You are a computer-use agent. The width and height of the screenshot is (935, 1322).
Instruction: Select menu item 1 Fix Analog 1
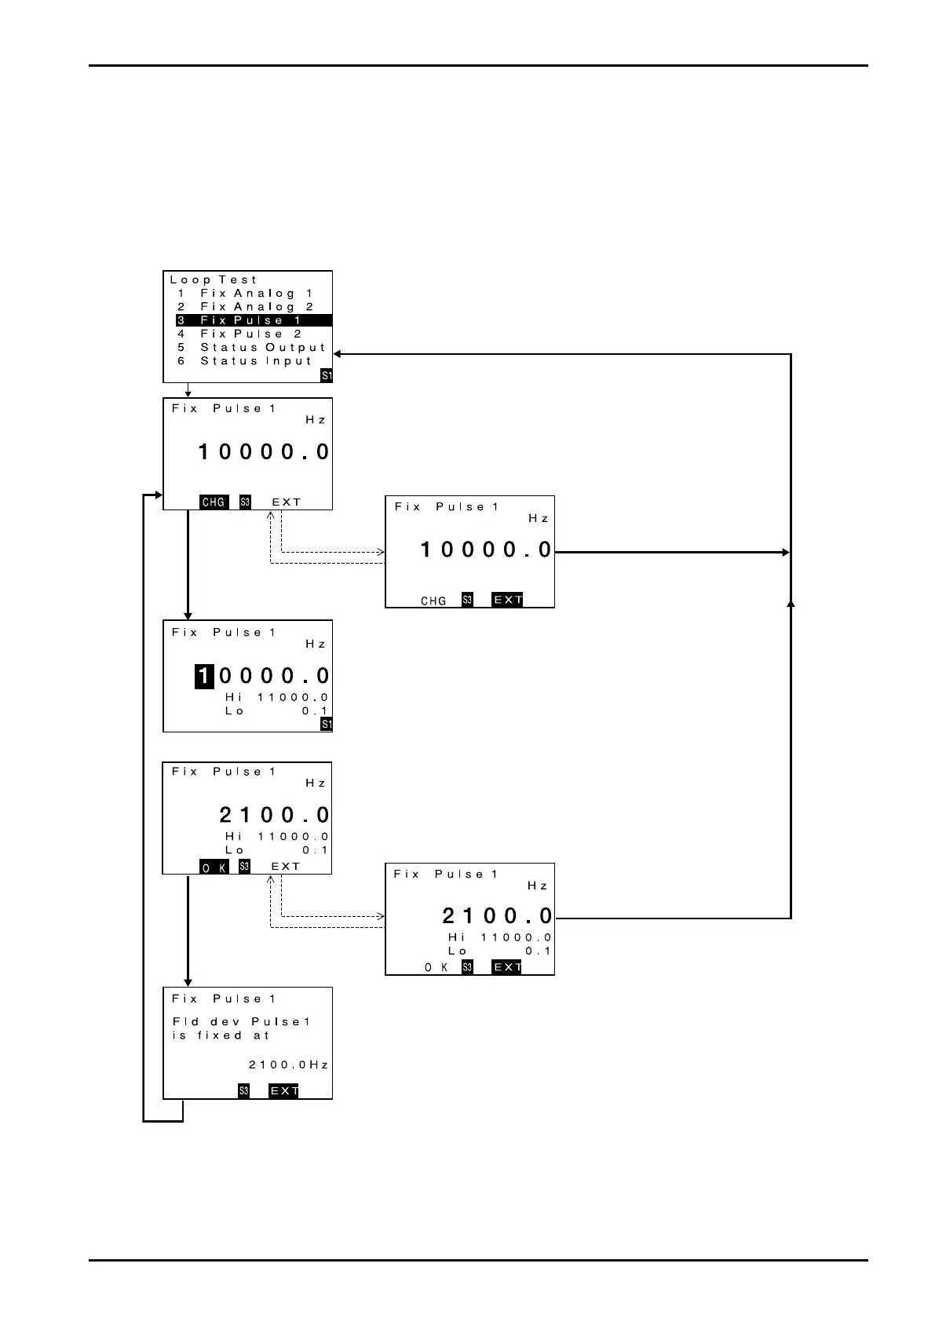[x=245, y=294]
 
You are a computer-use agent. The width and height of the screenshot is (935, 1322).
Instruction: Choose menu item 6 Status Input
[x=245, y=361]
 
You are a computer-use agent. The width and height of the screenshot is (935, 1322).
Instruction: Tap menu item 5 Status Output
[x=251, y=348]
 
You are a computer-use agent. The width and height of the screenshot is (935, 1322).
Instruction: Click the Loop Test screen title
[x=214, y=279]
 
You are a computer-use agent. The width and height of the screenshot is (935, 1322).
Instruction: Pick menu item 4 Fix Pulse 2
[x=240, y=334]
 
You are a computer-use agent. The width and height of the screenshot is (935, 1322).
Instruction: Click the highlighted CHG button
[x=214, y=502]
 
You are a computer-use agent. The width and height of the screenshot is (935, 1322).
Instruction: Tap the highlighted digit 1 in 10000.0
[x=204, y=676]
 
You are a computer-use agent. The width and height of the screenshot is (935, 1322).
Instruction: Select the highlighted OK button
[x=214, y=867]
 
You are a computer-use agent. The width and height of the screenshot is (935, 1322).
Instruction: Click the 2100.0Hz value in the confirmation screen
[x=288, y=1065]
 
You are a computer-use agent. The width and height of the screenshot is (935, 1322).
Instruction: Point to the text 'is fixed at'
[x=221, y=1035]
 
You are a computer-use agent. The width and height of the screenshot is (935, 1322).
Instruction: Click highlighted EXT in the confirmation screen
[x=283, y=1091]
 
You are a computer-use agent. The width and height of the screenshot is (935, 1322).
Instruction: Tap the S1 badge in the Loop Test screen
[x=327, y=376]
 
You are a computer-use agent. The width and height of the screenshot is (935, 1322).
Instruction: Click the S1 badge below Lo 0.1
[x=327, y=725]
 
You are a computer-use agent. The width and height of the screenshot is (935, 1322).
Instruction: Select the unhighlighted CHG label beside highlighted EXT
[x=433, y=601]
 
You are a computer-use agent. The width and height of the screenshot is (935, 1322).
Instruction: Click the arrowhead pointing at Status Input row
[x=338, y=355]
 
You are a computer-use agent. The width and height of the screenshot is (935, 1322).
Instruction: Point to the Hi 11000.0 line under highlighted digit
[x=276, y=697]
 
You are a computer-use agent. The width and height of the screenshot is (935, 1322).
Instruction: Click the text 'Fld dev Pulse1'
[x=241, y=1022]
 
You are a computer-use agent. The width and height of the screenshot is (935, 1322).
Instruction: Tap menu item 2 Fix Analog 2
[x=245, y=307]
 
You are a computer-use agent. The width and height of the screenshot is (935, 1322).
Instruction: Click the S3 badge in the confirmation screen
[x=244, y=1091]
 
